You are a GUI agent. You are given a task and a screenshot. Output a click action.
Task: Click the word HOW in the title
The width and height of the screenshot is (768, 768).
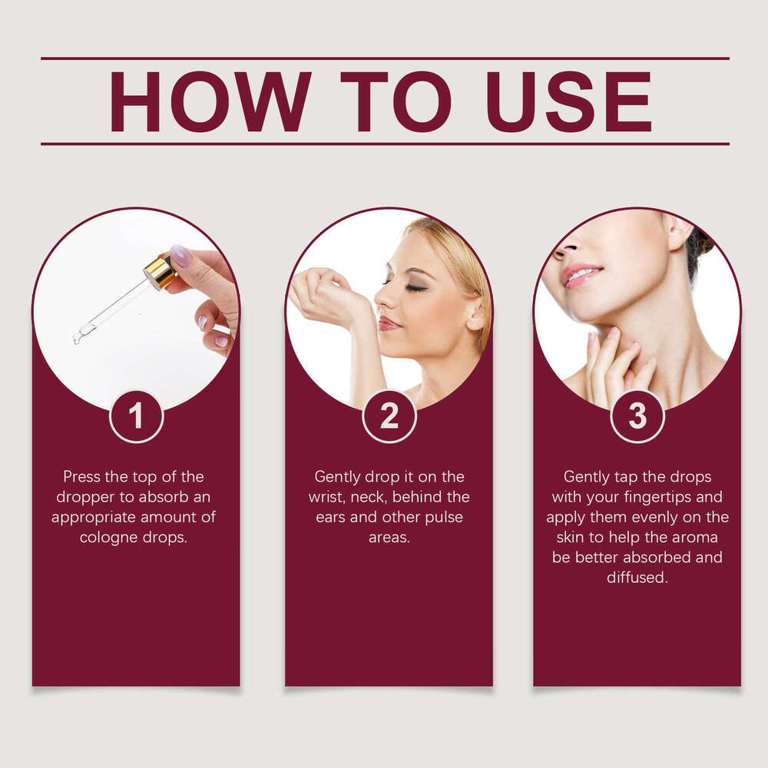210,101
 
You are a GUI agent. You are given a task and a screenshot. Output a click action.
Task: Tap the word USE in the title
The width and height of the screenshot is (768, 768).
568,101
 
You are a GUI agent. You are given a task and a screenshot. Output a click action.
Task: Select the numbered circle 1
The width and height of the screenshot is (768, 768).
136,416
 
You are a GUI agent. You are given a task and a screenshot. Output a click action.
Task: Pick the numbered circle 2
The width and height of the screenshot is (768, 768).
389,416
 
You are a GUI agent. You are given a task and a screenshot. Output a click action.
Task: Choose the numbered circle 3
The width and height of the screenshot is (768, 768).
637,416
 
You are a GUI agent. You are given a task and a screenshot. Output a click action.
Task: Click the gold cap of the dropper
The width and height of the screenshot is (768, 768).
161,273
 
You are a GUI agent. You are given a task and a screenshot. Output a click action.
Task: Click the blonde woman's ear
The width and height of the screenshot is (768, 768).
475,313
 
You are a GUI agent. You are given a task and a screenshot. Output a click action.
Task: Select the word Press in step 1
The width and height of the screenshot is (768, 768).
82,477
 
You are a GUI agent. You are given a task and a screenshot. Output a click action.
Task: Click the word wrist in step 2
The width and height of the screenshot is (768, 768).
327,497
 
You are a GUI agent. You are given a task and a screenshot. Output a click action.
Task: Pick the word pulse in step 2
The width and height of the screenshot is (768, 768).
444,518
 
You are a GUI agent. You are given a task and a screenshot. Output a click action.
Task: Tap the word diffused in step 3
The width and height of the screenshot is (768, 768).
637,578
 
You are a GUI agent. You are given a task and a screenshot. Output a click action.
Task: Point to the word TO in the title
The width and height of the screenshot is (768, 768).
396,101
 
